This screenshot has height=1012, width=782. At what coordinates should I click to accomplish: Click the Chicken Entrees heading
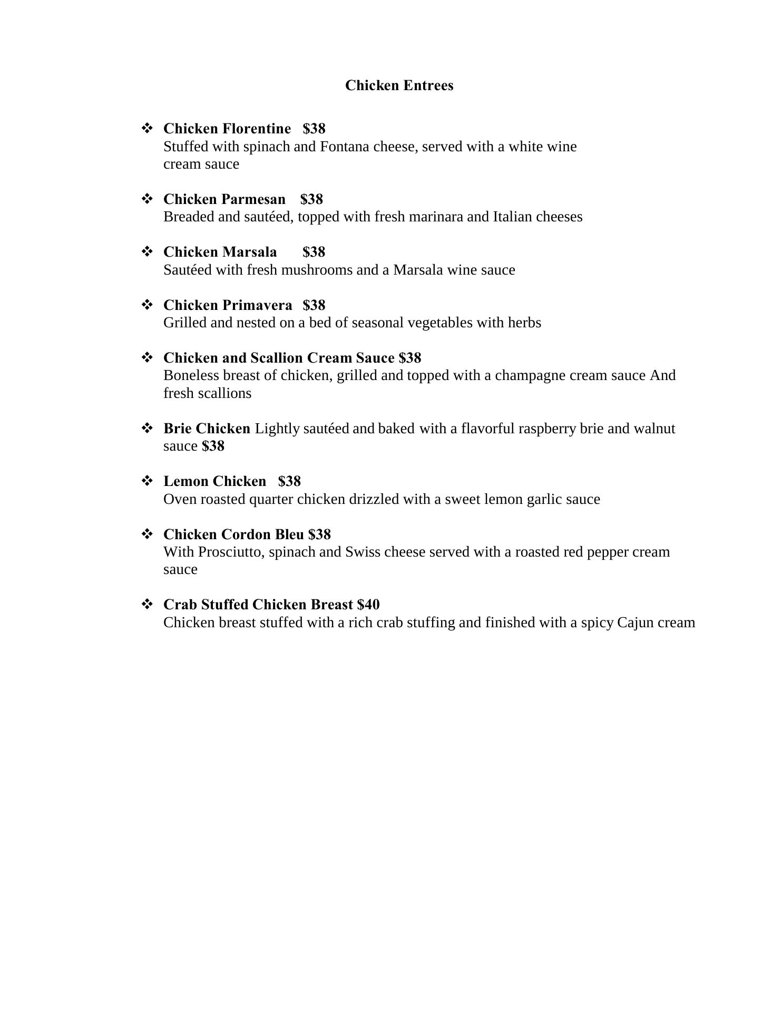click(x=399, y=85)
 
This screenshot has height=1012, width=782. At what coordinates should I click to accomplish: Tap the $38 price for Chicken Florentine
click(x=314, y=129)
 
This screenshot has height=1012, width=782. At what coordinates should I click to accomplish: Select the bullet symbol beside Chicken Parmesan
click(x=147, y=199)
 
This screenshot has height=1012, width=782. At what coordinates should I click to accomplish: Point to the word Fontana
click(x=344, y=147)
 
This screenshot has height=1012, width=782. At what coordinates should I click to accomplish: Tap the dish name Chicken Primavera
click(x=228, y=305)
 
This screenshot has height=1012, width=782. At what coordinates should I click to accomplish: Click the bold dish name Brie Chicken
click(x=207, y=429)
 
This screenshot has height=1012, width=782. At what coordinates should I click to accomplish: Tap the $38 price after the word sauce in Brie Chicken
click(x=213, y=446)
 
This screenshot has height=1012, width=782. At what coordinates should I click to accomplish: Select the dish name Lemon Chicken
click(x=214, y=481)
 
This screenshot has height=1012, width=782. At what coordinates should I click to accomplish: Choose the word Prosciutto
click(x=231, y=552)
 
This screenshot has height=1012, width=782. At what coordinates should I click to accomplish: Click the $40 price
click(x=368, y=605)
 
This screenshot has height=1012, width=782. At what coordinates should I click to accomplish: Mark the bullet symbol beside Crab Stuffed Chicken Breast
click(x=147, y=604)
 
